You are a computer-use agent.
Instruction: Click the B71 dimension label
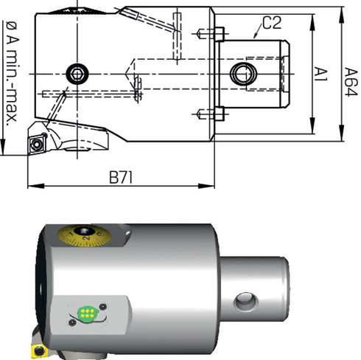tap(121, 177)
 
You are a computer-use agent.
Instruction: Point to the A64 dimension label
tap(351, 82)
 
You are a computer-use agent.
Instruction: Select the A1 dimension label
tap(321, 75)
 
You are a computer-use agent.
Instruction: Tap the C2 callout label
tap(272, 23)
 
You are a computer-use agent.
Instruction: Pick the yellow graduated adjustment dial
tap(84, 235)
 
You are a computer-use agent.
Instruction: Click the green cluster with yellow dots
tap(88, 313)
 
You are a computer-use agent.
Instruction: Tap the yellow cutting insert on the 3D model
tap(38, 350)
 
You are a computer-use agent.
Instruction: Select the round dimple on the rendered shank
tap(246, 301)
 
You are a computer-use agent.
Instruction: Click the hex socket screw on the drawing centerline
tap(77, 74)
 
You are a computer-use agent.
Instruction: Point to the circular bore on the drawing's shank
tap(243, 74)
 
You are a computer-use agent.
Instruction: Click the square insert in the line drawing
tap(37, 145)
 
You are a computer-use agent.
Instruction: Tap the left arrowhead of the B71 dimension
tap(35, 186)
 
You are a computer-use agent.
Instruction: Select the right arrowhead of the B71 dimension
tap(206, 186)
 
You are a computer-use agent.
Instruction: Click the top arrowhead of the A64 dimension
tap(341, 15)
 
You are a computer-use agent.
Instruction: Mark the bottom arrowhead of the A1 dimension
tap(312, 125)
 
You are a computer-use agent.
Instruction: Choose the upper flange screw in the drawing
tap(211, 34)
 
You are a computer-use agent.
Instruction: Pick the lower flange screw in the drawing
tap(211, 114)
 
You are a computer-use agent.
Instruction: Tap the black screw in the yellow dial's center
tap(84, 231)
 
